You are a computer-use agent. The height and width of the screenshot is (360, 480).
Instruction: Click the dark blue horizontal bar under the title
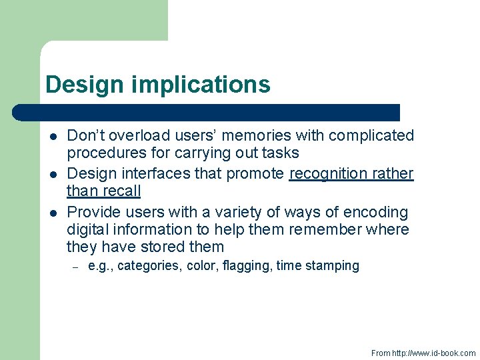[207, 112]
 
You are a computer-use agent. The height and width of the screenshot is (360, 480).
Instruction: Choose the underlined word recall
[122, 191]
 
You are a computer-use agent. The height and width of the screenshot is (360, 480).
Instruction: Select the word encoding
[375, 213]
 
